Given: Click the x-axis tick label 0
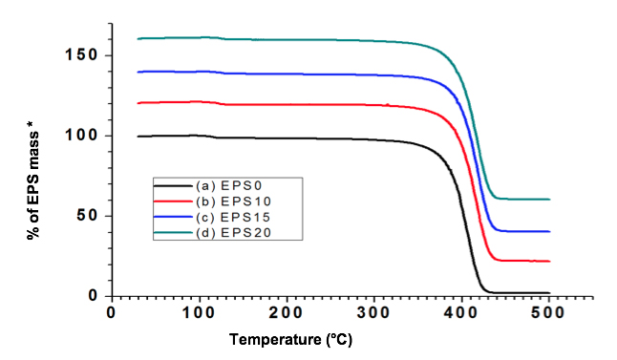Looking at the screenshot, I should [112, 312].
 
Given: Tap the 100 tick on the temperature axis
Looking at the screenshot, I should [199, 312].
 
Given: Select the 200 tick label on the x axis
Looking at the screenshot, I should [287, 312].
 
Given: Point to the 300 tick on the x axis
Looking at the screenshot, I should [373, 312].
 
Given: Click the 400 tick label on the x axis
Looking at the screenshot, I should [461, 312].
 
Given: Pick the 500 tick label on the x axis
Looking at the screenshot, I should [548, 312].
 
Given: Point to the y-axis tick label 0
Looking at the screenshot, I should [95, 295].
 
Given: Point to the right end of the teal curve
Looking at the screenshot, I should [549, 200].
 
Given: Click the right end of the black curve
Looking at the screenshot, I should [549, 293].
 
